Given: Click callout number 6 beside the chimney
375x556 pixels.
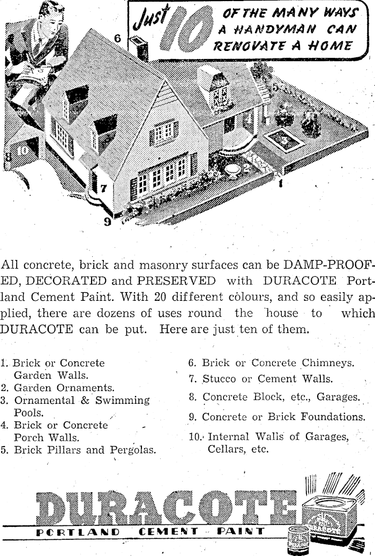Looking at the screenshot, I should [x=118, y=39].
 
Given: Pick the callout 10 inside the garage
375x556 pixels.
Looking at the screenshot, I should [x=22, y=150].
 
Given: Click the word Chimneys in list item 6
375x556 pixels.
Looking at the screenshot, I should [x=327, y=363].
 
